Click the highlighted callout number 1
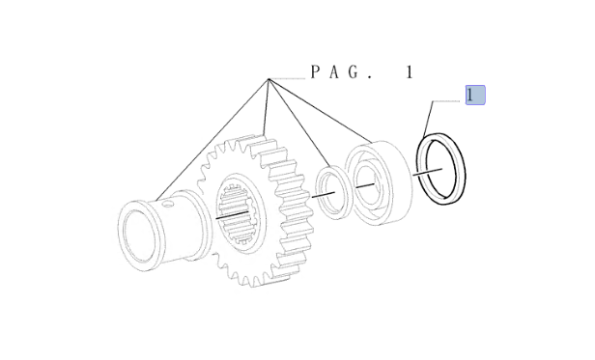(x=475, y=95)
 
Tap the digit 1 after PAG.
(x=410, y=72)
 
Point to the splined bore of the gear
(x=238, y=214)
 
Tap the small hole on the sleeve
(x=168, y=205)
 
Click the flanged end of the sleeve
(x=141, y=236)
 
